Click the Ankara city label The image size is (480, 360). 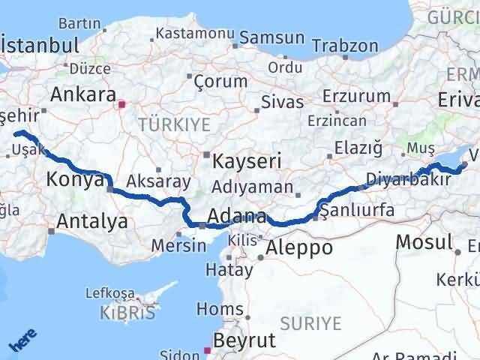[x=82, y=95]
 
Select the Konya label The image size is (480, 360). [x=74, y=179]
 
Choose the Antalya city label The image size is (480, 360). [x=92, y=220]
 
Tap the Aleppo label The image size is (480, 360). [x=295, y=247]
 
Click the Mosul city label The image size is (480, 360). [x=424, y=241]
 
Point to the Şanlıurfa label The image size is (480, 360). [x=357, y=211]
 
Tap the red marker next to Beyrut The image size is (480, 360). [x=208, y=349]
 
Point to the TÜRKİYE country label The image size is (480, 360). [x=173, y=124]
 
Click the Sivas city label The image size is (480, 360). [x=283, y=102]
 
